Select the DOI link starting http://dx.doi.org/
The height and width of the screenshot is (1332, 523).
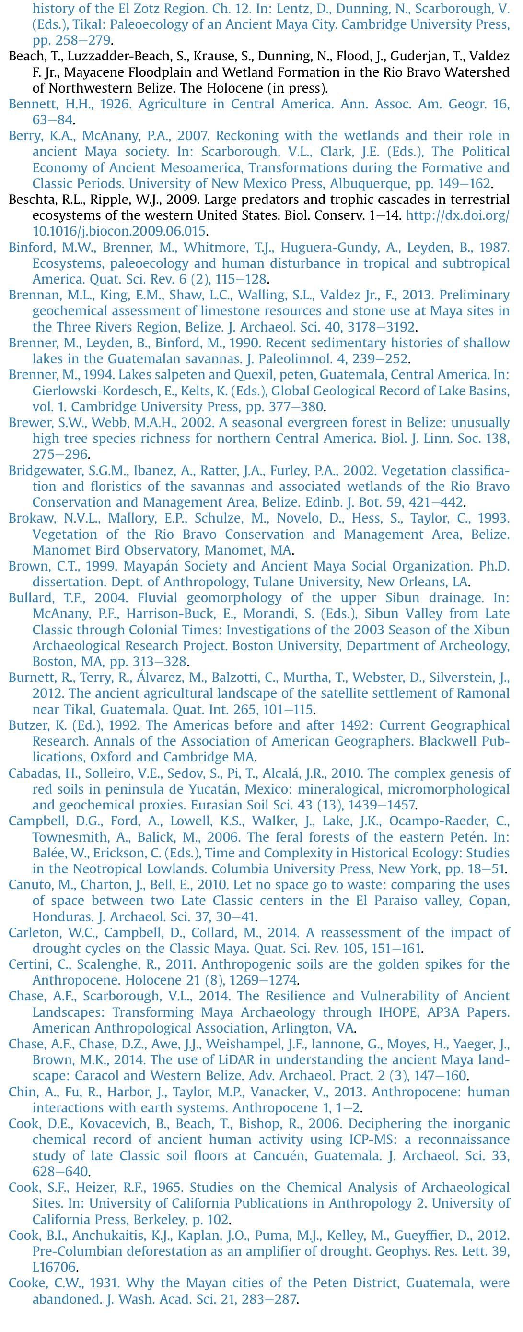pos(457,215)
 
